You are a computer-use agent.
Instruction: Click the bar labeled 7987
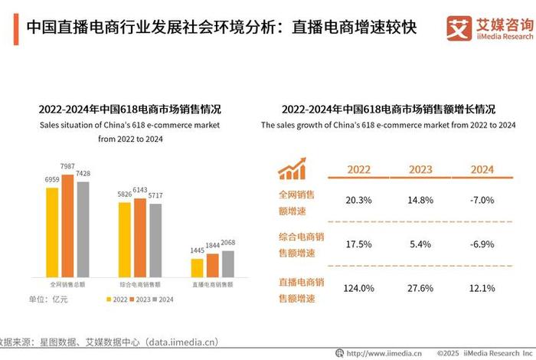pos(67,226)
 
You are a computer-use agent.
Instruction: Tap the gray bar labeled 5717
pos(155,240)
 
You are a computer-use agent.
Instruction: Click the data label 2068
pos(227,243)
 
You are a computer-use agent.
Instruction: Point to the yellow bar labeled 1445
pos(198,267)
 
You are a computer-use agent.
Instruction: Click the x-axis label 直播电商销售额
pos(212,284)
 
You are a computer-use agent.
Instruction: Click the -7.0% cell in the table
pos(482,200)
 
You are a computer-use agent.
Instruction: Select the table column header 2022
pos(359,169)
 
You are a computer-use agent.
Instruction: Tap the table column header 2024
pos(482,169)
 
